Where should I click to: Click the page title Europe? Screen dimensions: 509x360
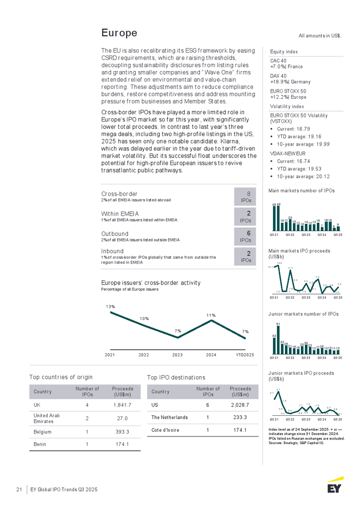pos(119,33)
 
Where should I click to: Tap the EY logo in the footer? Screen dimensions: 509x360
pos(335,486)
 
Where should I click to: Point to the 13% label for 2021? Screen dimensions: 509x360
pos(110,307)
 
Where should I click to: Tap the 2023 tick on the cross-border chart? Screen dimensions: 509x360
pos(177,355)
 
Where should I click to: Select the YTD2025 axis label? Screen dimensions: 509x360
pos(244,355)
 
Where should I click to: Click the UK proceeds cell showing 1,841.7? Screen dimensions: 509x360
pos(122,405)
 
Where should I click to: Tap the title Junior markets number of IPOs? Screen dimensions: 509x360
pos(303,313)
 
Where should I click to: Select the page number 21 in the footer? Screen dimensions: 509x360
pos(19,488)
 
